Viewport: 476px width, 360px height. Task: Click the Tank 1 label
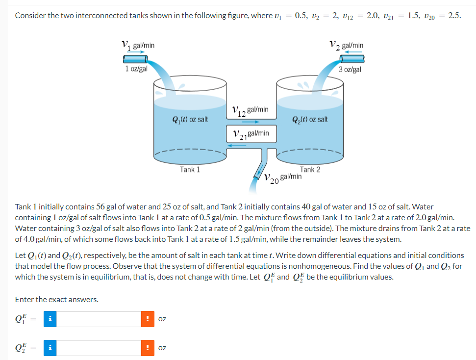coord(190,170)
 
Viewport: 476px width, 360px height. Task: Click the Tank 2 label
coord(310,170)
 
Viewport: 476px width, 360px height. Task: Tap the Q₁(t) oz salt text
coord(190,119)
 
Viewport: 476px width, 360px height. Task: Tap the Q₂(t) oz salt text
coord(310,119)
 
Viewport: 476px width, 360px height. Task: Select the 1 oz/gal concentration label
coord(136,69)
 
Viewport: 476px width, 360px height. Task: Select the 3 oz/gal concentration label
coord(350,69)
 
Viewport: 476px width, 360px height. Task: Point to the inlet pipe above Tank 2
coord(352,58)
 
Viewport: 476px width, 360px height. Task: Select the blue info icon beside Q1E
coord(50,319)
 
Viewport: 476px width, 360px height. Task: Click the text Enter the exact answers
coord(57,299)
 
